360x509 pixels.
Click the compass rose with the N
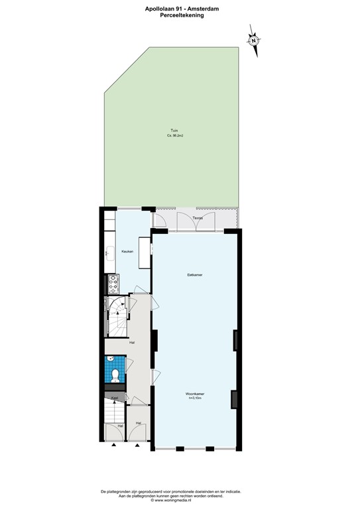pyautogui.click(x=253, y=39)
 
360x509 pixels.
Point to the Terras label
pyautogui.click(x=197, y=218)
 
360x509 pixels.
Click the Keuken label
pyautogui.click(x=127, y=251)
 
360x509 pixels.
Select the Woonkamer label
pyautogui.click(x=195, y=393)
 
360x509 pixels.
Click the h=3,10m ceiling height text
pyautogui.click(x=195, y=398)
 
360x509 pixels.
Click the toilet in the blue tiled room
pyautogui.click(x=115, y=376)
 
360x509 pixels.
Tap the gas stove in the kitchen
pyautogui.click(x=111, y=283)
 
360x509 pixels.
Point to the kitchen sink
pyautogui.click(x=109, y=252)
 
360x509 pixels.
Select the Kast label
pyautogui.click(x=115, y=398)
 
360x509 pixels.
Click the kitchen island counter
pyautogui.click(x=144, y=252)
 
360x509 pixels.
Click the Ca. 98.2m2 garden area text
pyautogui.click(x=174, y=136)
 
